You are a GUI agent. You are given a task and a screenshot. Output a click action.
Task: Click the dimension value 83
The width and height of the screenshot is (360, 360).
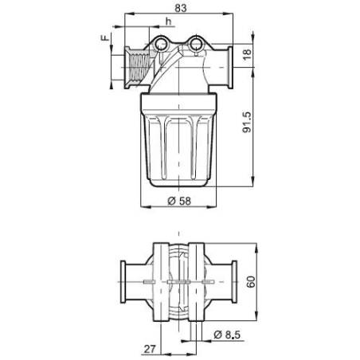pyautogui.click(x=181, y=7)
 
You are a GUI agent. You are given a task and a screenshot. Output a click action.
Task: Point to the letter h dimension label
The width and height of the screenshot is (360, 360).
pyautogui.click(x=167, y=21)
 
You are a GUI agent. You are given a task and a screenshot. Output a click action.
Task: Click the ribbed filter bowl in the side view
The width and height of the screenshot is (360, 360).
pyautogui.click(x=179, y=147)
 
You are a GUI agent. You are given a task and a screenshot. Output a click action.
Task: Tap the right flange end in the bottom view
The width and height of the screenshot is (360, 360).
pyautogui.click(x=236, y=284)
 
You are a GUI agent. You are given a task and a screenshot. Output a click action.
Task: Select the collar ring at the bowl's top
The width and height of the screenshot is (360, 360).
pyautogui.click(x=179, y=100)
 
